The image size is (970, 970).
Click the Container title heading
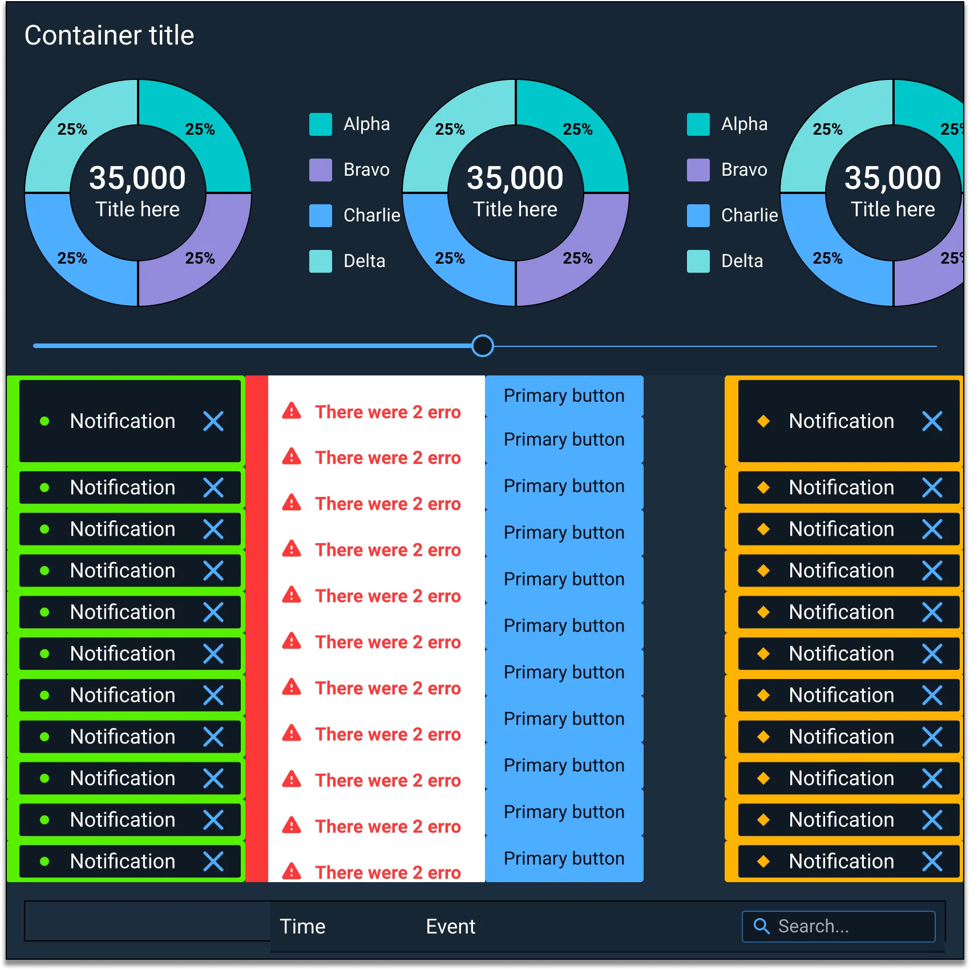tap(109, 35)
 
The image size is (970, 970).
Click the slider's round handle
tap(483, 346)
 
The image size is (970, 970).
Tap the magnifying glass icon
tap(762, 926)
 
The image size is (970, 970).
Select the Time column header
tap(302, 927)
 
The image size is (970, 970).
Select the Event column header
tap(450, 927)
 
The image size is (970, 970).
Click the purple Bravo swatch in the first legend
tap(320, 170)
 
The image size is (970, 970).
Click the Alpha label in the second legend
tap(744, 124)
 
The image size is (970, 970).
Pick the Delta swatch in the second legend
tap(698, 261)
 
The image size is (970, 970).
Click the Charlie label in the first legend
tap(371, 215)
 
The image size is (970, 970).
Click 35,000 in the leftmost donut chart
tap(138, 177)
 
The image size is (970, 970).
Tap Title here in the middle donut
tap(515, 209)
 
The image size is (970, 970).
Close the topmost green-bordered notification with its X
tap(213, 421)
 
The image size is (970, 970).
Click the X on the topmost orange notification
tap(932, 421)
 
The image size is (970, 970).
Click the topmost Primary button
tap(564, 395)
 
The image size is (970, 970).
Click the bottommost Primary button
tap(564, 858)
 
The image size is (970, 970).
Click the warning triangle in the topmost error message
tap(292, 411)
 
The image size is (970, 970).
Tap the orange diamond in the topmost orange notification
tap(763, 421)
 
